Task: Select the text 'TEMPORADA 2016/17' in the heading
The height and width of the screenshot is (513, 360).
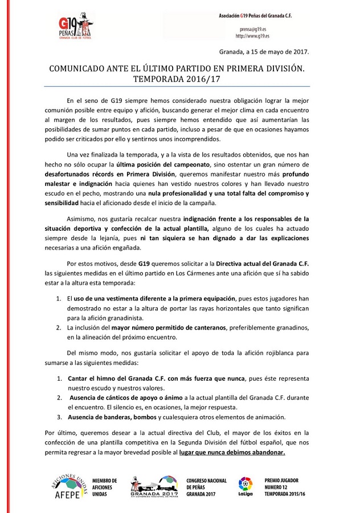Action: point(181,80)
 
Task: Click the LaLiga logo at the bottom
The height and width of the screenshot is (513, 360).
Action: point(246,487)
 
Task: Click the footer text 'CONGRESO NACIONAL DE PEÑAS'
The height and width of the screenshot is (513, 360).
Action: point(206,484)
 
